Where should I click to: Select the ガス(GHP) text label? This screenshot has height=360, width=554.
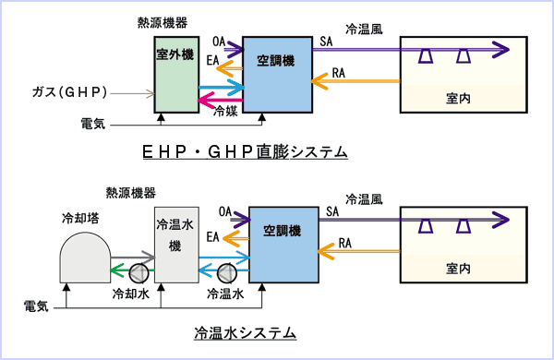click(x=70, y=92)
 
